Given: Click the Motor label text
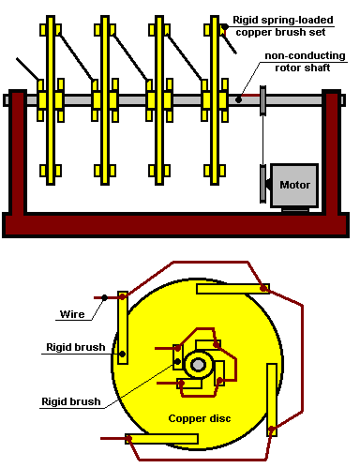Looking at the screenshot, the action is point(294,185).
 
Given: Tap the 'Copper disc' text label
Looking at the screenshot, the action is point(200,418).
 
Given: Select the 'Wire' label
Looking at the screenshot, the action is point(72,314).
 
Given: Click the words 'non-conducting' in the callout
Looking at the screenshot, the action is point(305,55).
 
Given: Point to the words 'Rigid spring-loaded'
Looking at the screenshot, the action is point(283,20).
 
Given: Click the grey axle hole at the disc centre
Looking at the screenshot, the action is point(198,365).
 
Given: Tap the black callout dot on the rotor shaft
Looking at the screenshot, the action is point(238,99).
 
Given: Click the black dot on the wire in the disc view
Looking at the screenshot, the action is point(105,297).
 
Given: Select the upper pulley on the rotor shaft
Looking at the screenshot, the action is point(262,100).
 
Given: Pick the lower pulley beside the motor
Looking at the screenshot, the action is point(262,184).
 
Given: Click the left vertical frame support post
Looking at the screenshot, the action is point(18,152).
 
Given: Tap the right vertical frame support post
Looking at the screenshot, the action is point(332,152).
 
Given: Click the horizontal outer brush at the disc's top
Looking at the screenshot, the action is point(232,289).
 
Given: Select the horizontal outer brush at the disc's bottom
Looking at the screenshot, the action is point(161,439).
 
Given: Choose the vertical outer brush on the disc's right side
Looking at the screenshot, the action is point(272,400).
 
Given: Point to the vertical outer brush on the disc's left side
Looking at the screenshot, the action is point(123,327).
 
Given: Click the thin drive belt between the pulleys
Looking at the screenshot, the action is point(262,140).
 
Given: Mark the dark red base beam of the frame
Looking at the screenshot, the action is point(175,225).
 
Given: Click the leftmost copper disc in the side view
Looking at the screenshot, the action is point(51,100).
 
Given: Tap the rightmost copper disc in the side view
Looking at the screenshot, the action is point(215,100).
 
